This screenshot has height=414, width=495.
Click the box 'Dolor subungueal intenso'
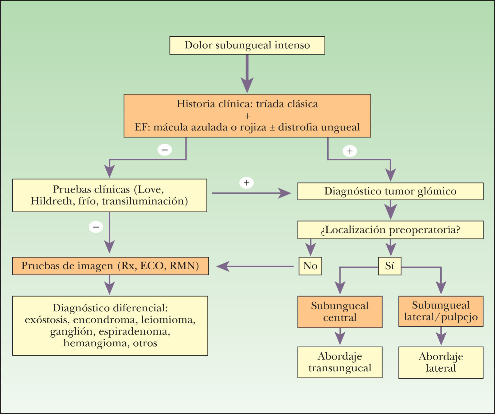click(247, 45)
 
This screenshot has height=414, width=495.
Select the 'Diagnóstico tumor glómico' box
click(390, 191)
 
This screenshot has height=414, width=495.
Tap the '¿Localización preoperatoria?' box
click(390, 230)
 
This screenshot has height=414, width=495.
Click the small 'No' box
click(310, 266)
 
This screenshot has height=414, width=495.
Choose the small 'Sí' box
click(389, 266)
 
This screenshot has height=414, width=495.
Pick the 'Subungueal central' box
click(340, 312)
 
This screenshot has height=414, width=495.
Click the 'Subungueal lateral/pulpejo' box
click(441, 311)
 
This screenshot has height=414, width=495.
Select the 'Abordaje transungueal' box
click(340, 362)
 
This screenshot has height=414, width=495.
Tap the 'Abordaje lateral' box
click(441, 363)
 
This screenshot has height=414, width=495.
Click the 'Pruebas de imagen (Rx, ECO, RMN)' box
click(110, 266)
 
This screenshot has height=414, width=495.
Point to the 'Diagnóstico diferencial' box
click(110, 326)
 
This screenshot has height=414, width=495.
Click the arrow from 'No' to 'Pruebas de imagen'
click(255, 266)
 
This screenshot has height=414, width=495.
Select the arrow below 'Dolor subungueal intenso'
click(247, 73)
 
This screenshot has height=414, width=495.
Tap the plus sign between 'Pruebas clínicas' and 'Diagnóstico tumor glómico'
click(246, 183)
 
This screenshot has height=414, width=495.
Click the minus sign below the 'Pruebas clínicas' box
click(96, 227)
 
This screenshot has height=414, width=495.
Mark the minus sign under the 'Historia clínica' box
click(165, 150)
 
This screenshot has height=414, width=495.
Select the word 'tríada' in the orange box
click(270, 104)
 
